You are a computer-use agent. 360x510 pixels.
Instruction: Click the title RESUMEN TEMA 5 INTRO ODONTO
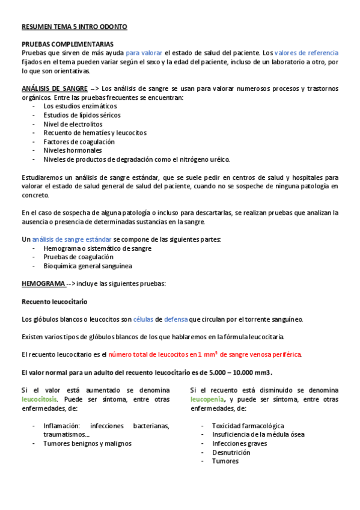click(x=74, y=27)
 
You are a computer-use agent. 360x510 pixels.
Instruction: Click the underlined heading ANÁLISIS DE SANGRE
click(x=55, y=88)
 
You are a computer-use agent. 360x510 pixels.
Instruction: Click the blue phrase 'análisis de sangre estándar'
click(x=72, y=239)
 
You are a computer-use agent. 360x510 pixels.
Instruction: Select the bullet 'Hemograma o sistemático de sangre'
click(x=97, y=248)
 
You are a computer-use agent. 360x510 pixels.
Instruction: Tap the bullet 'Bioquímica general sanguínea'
click(x=88, y=266)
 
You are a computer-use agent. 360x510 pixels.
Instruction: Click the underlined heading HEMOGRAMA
click(x=43, y=283)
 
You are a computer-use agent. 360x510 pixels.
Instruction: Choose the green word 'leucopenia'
click(x=208, y=399)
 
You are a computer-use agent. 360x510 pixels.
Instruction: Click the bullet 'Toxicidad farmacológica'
click(x=248, y=426)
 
